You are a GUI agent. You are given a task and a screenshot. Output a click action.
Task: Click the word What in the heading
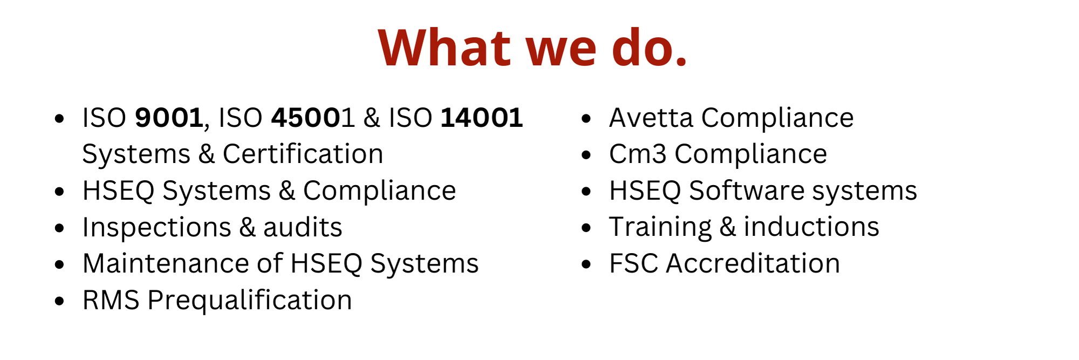tap(444, 47)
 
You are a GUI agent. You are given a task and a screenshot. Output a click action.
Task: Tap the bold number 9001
tap(169, 118)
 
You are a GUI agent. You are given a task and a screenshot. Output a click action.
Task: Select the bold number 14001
tap(482, 118)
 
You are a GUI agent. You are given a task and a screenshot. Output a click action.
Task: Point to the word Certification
tap(303, 154)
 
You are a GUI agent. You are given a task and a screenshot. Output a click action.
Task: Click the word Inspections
tap(156, 227)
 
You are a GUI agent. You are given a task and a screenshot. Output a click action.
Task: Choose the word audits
tap(303, 227)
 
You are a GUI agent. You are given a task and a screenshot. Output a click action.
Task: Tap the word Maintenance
tap(166, 263)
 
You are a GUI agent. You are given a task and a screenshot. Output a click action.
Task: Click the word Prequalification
tap(249, 300)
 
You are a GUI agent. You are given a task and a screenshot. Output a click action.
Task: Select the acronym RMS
tap(111, 300)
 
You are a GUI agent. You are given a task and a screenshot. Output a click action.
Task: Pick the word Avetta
tap(651, 118)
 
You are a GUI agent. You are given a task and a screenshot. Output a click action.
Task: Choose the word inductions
tap(811, 227)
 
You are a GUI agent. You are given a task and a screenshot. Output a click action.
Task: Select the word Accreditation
tap(753, 263)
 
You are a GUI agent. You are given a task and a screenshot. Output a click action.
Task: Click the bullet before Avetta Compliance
tap(587, 118)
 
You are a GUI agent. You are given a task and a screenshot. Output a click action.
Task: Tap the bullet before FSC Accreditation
tap(587, 264)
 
